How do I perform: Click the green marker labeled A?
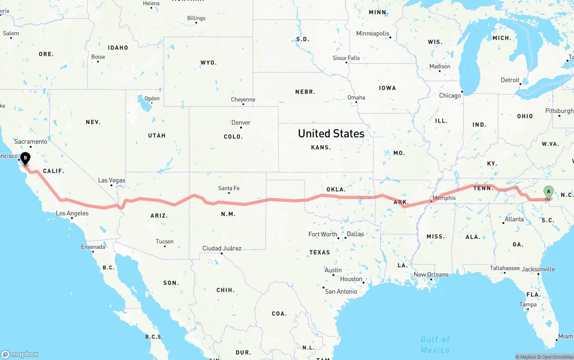click(548, 192)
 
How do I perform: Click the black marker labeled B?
click(26, 158)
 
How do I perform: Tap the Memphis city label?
click(444, 198)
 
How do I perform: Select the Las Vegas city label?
click(112, 180)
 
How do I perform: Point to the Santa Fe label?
click(229, 188)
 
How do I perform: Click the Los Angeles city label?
click(72, 213)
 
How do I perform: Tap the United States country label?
click(331, 134)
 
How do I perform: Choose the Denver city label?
click(241, 122)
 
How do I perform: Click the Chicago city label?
click(450, 95)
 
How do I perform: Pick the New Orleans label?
click(431, 274)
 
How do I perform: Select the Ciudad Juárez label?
click(222, 248)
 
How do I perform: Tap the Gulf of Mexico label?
click(435, 345)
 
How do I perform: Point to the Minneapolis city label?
click(373, 34)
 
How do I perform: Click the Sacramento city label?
click(30, 142)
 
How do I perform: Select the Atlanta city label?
click(514, 219)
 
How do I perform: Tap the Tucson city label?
click(165, 242)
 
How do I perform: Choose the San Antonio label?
click(341, 291)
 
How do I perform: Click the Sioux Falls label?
click(346, 58)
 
